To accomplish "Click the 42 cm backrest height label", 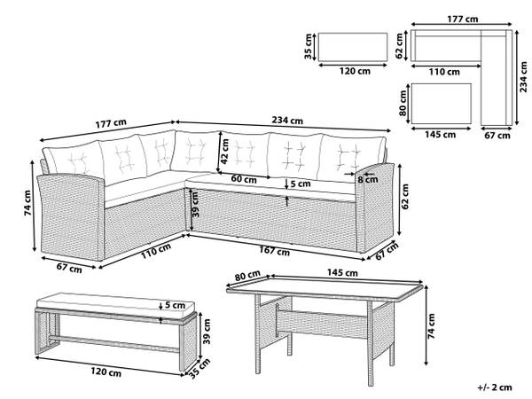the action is pyautogui.click(x=224, y=152).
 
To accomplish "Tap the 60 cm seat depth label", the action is pyautogui.click(x=244, y=179).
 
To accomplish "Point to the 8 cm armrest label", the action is pyautogui.click(x=368, y=179).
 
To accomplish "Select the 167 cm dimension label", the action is pyautogui.click(x=275, y=251).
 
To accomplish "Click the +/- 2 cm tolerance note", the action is pyautogui.click(x=495, y=387).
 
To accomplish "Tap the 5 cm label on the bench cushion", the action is pyautogui.click(x=175, y=305).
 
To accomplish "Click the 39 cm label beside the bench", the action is pyautogui.click(x=207, y=332).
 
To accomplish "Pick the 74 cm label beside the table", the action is pyautogui.click(x=431, y=326).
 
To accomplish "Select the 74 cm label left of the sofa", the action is pyautogui.click(x=27, y=203).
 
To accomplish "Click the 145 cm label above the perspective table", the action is pyautogui.click(x=342, y=273).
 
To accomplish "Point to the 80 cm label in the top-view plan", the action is pyautogui.click(x=403, y=103).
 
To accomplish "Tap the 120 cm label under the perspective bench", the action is pyautogui.click(x=106, y=372).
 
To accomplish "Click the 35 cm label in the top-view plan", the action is pyautogui.click(x=308, y=46).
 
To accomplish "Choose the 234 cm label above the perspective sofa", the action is pyautogui.click(x=287, y=120).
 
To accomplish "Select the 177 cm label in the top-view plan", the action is pyautogui.click(x=463, y=19).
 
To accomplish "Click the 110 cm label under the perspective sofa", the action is pyautogui.click(x=156, y=251).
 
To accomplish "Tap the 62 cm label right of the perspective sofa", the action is pyautogui.click(x=405, y=197).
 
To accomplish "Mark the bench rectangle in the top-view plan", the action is pyautogui.click(x=353, y=47).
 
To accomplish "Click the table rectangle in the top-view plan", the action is pyautogui.click(x=442, y=104).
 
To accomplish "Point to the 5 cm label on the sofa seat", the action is pyautogui.click(x=301, y=184).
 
